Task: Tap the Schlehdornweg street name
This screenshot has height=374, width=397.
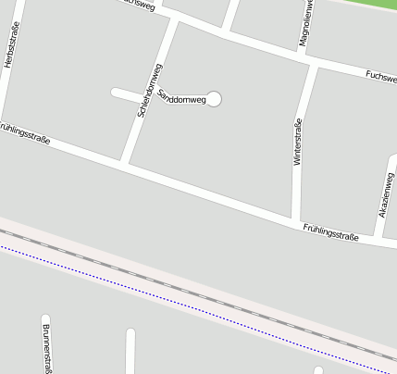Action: click(150, 90)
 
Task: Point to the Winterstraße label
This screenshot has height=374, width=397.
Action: click(298, 143)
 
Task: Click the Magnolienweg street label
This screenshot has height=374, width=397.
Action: click(305, 24)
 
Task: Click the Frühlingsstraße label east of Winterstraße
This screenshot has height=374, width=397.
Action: click(330, 231)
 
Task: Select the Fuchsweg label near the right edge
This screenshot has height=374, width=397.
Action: click(381, 78)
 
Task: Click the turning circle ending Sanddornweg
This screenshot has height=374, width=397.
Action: click(215, 99)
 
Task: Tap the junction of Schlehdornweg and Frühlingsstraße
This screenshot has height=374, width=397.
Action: click(124, 164)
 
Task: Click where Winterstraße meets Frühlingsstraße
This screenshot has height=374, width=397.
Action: click(296, 221)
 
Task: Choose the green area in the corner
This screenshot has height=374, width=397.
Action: click(370, 6)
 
